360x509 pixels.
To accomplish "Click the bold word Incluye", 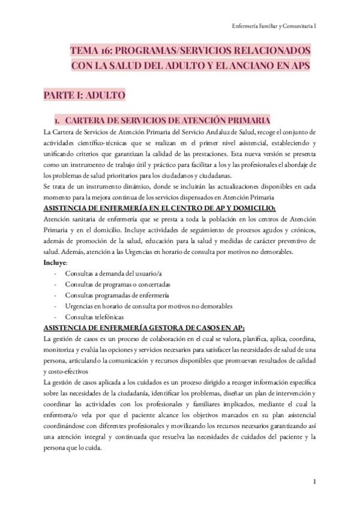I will (56, 262).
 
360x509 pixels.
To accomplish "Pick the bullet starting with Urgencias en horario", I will (142, 306).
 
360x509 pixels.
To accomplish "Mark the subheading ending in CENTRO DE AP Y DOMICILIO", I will (160, 208).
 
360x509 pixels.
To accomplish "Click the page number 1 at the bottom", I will (314, 482).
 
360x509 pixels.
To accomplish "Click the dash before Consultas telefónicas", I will (56, 316).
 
